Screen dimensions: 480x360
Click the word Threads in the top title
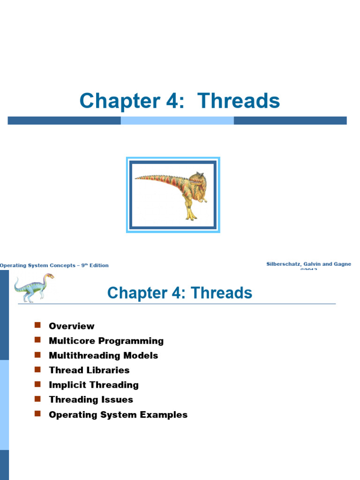coord(239,101)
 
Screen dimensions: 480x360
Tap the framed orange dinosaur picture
coord(173,195)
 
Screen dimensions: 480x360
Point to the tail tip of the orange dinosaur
coord(136,178)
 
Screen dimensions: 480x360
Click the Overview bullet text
coord(72,326)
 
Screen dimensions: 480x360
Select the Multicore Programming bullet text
coord(106,341)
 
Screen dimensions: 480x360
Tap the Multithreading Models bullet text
coord(104,355)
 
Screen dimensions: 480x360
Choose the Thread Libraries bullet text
coord(89,370)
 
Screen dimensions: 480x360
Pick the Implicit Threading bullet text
coord(94,385)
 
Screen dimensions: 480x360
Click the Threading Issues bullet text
coord(91,399)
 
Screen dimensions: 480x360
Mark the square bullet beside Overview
coord(38,325)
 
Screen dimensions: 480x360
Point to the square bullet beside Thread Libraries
coord(38,369)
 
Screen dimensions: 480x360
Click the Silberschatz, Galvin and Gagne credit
coord(308,264)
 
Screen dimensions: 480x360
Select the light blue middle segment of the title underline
coord(177,120)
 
